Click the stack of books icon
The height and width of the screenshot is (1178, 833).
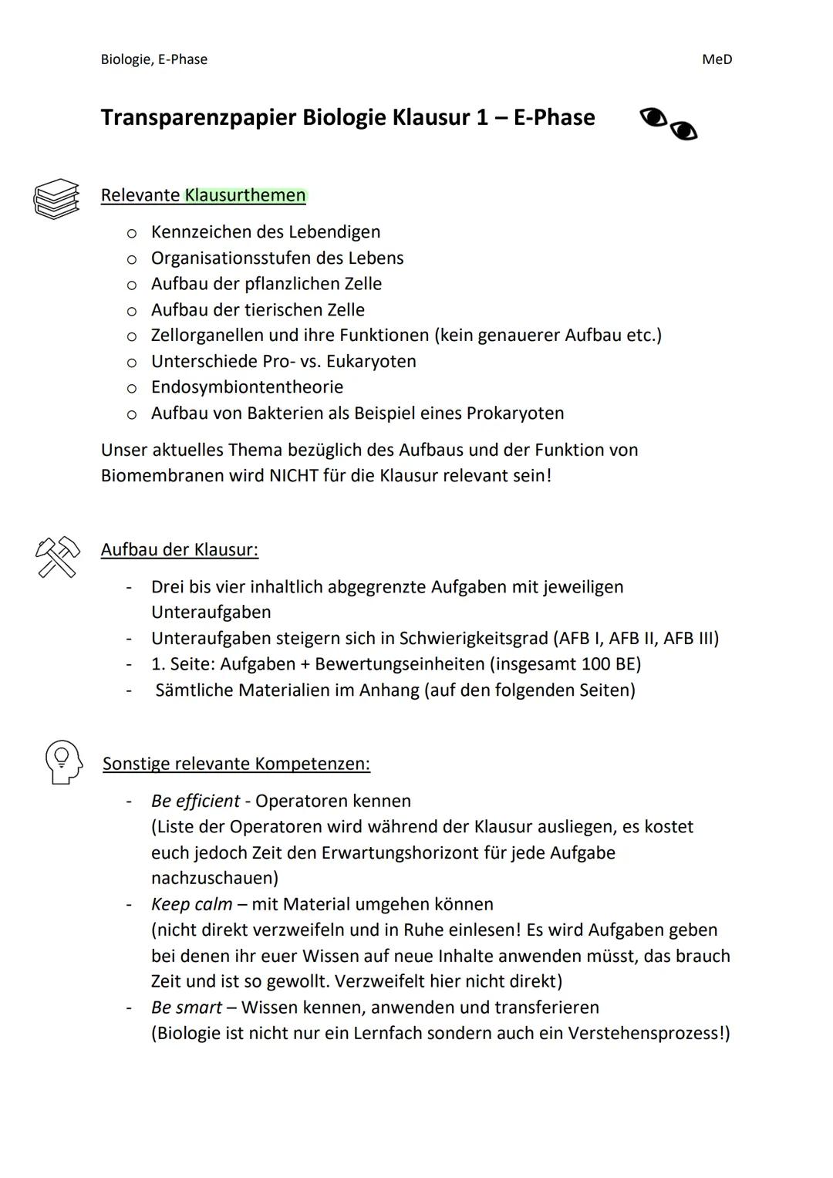(56, 198)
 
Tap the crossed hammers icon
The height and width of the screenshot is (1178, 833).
(57, 556)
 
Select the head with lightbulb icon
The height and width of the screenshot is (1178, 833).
(63, 762)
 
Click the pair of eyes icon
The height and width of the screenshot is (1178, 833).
(668, 124)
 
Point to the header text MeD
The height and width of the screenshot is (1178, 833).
(717, 59)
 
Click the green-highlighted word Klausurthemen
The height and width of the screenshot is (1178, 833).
(245, 195)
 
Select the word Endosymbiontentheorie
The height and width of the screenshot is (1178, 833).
(247, 386)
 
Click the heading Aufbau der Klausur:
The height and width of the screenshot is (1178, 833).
(179, 549)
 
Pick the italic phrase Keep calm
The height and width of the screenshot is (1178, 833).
(191, 904)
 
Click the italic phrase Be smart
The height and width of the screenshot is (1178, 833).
(186, 1008)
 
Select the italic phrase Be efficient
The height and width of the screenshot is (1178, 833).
(195, 801)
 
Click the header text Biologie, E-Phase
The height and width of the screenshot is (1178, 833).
(153, 59)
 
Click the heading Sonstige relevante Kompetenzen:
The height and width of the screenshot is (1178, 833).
(236, 764)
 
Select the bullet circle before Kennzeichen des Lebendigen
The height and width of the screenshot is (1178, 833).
(132, 232)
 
